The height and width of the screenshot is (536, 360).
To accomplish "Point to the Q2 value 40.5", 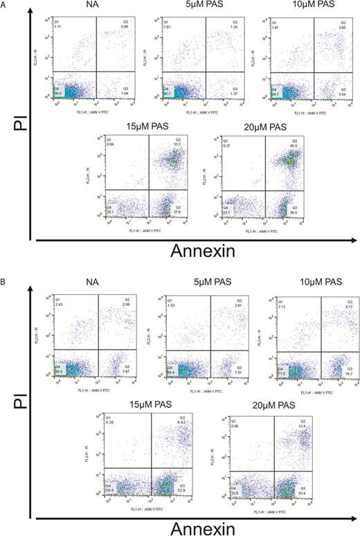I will tap(296, 145).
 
